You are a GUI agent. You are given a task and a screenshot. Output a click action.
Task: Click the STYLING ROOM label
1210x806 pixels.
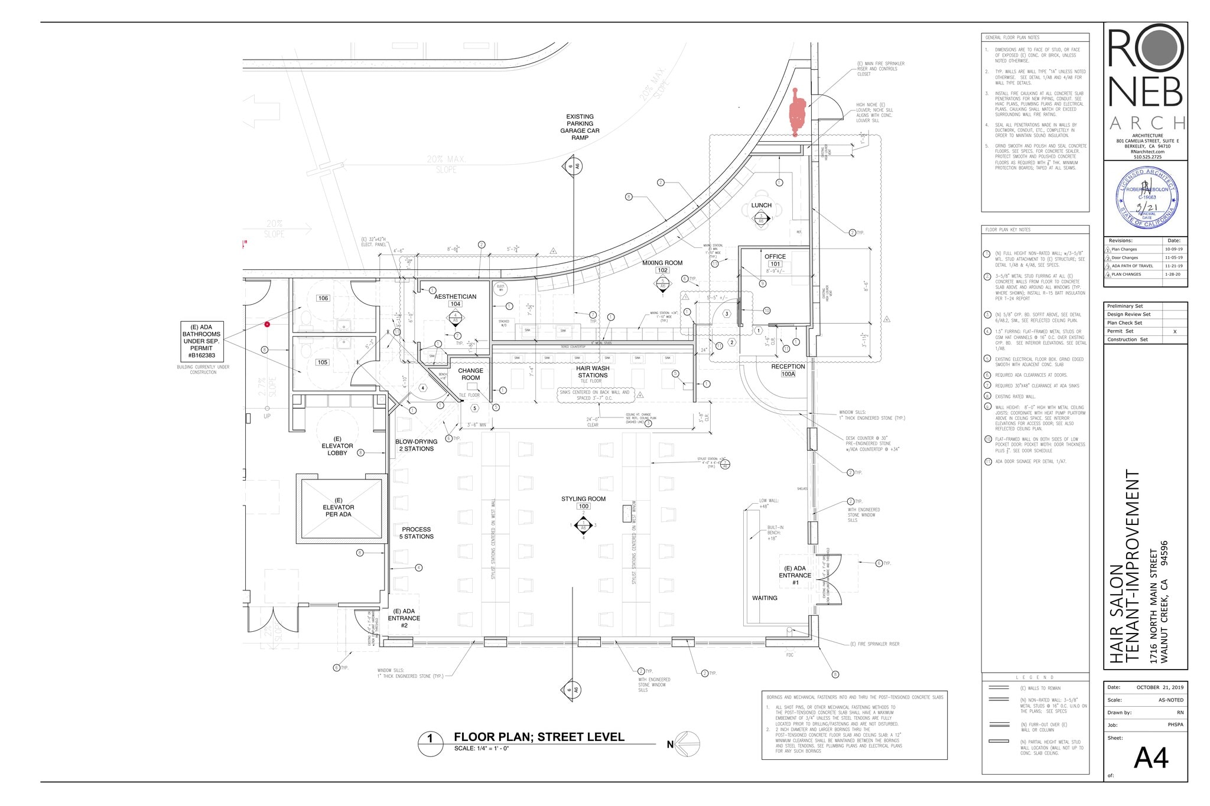(x=583, y=499)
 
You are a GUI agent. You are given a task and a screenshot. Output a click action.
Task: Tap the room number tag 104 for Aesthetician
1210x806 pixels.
(x=455, y=304)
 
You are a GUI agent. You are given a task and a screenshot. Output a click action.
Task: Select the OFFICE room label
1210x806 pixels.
(x=775, y=256)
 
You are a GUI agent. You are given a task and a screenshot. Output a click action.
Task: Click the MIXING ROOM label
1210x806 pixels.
(x=662, y=263)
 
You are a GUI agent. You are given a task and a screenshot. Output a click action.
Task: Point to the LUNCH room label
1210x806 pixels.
(x=761, y=205)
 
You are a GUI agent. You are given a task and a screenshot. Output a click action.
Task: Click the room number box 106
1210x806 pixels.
(x=323, y=298)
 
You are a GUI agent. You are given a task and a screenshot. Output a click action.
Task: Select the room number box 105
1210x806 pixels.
(x=322, y=362)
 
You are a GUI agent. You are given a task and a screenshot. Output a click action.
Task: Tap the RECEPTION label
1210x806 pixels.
(x=788, y=367)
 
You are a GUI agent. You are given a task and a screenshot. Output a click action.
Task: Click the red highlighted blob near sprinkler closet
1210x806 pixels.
(x=797, y=112)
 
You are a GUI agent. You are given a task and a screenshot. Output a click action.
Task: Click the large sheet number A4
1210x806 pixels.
(x=1150, y=758)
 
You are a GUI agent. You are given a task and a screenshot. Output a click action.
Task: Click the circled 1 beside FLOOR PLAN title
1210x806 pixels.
(x=430, y=739)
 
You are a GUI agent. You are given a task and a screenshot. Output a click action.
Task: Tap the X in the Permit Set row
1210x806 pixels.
(x=1175, y=331)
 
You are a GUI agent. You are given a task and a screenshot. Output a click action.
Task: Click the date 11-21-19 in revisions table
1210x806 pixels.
(x=1173, y=266)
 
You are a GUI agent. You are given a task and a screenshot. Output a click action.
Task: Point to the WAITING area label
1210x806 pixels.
(x=765, y=598)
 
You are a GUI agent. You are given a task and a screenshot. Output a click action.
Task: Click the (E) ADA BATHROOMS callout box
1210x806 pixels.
(x=201, y=341)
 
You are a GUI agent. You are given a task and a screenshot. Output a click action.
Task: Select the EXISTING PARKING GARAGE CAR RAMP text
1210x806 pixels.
(x=580, y=127)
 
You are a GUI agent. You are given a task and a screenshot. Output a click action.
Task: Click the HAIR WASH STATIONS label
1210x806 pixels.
(x=593, y=371)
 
